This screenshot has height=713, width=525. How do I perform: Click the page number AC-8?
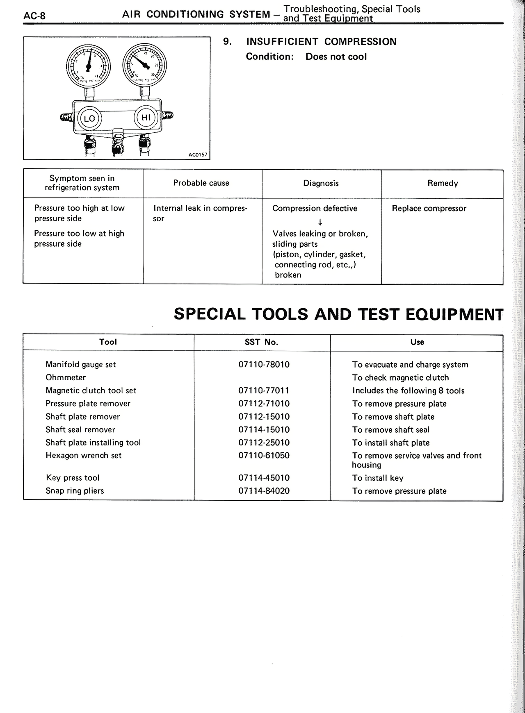(x=34, y=16)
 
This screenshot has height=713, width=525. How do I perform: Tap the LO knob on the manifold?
(x=89, y=119)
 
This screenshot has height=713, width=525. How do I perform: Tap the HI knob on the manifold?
(x=146, y=118)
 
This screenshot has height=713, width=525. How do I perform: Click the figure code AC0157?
(x=198, y=155)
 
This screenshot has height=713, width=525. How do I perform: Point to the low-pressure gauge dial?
(x=88, y=66)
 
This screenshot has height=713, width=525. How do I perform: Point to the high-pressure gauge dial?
(x=144, y=64)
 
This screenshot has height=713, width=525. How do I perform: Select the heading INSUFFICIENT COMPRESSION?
(x=321, y=42)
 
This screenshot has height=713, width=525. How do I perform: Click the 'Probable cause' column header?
(x=201, y=183)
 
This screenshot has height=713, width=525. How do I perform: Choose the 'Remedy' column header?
(x=442, y=183)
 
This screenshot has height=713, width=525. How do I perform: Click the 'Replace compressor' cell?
(x=429, y=209)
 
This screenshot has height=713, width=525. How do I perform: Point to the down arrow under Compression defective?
(x=320, y=222)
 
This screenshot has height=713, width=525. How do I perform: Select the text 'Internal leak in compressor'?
(x=200, y=213)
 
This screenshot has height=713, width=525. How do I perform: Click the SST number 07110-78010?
(x=264, y=364)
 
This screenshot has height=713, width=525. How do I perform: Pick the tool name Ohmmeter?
(x=66, y=377)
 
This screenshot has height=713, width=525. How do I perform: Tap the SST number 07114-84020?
(x=264, y=490)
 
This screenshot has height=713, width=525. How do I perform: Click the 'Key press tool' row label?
(x=73, y=478)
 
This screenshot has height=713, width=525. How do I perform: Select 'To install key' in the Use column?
(x=377, y=478)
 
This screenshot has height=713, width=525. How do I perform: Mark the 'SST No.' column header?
(x=261, y=342)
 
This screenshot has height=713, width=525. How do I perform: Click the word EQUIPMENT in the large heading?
(x=454, y=314)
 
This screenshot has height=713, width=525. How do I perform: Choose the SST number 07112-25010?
(x=264, y=443)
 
